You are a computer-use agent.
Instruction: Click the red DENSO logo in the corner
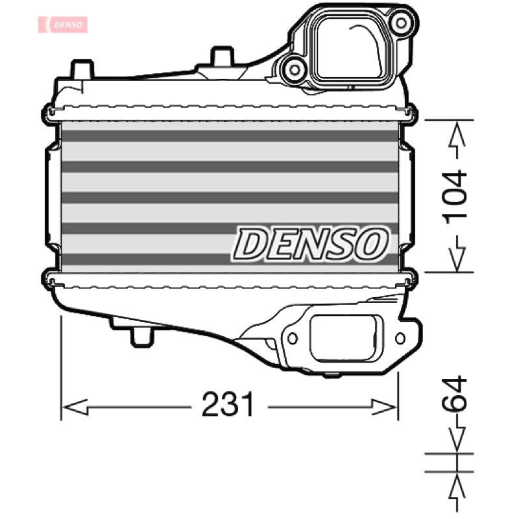tap(62, 25)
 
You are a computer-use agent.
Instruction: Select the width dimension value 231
tap(228, 404)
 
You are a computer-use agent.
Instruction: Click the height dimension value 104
tap(454, 197)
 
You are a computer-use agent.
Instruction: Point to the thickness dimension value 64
tap(454, 394)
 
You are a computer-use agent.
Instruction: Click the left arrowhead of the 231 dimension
tap(75, 407)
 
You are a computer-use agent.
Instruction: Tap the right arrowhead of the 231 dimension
tap(384, 407)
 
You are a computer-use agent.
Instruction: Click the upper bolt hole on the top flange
tap(401, 23)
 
